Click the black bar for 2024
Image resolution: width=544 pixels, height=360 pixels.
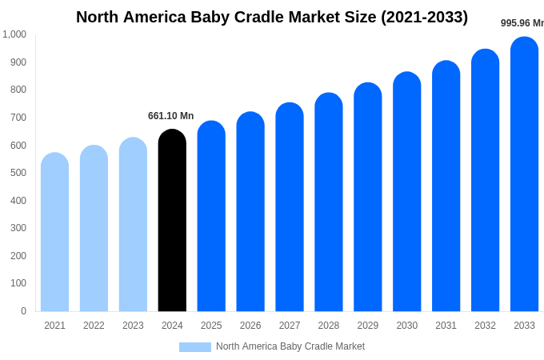tap(172, 220)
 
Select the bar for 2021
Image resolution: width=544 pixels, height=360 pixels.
tap(54, 232)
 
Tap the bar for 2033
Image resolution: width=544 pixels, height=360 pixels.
tap(524, 174)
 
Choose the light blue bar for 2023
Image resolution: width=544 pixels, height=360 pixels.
tap(133, 224)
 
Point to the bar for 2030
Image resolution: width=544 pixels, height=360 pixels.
tap(406, 191)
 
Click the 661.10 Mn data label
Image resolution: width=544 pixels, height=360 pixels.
tap(170, 116)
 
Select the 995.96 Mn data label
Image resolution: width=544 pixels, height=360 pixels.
tap(522, 23)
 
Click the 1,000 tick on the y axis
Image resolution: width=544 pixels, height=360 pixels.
tap(14, 34)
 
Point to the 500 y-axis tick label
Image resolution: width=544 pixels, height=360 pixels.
tap(18, 173)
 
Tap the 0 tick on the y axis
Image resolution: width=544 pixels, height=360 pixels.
tap(23, 311)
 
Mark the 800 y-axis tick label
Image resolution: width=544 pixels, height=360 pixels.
tap(18, 90)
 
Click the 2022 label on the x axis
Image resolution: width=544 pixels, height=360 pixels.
tap(94, 326)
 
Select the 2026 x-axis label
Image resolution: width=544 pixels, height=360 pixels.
tap(250, 326)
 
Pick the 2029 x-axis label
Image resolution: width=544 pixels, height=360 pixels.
tap(368, 326)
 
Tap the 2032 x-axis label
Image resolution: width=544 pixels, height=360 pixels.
tap(485, 326)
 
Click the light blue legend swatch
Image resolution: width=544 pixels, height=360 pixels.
tap(195, 347)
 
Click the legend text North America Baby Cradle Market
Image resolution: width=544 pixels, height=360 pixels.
tap(290, 346)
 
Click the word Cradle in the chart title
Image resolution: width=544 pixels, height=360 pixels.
tap(259, 17)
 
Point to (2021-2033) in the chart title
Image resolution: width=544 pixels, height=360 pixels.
tap(424, 17)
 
